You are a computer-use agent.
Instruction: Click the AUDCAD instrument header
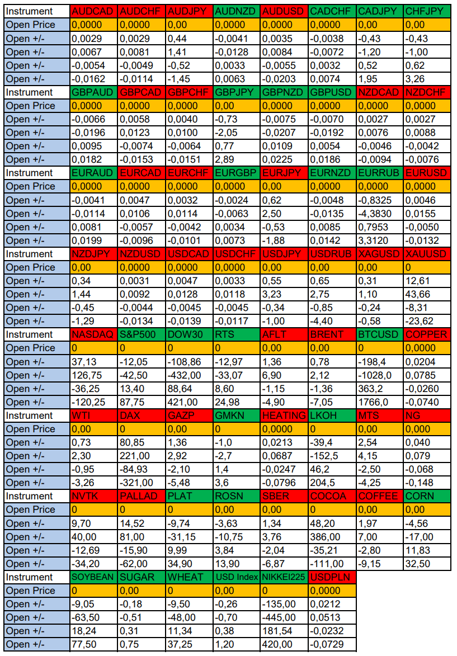coord(93,11)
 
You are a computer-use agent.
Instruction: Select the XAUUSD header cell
coord(426,253)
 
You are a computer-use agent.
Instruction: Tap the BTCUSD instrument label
coord(379,334)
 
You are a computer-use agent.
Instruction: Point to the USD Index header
coord(236,577)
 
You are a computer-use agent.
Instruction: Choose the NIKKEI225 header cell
coord(284,577)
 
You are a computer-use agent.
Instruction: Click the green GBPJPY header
coord(236,92)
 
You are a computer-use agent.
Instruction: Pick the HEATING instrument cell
coord(284,416)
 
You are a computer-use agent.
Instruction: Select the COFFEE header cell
coord(379,496)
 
